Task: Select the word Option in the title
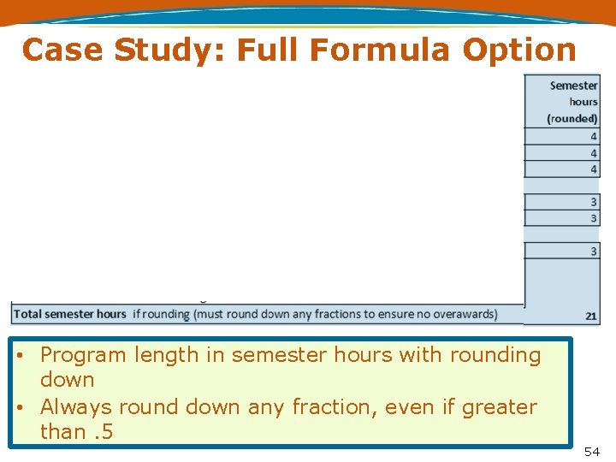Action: click(x=519, y=50)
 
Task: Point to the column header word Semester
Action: click(x=573, y=86)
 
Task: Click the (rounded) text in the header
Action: click(x=572, y=118)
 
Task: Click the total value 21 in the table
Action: click(x=591, y=316)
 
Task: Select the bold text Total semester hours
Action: click(x=70, y=314)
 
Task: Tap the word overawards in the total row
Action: click(x=457, y=314)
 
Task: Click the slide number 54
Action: click(x=592, y=451)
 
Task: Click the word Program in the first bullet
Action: click(x=81, y=355)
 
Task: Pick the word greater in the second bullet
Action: click(x=500, y=407)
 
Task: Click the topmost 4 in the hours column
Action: click(x=593, y=136)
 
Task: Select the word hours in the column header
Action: click(x=583, y=102)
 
